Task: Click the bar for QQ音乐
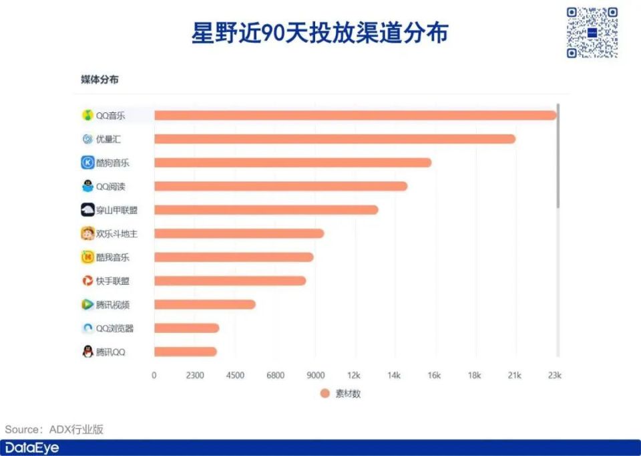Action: point(355,115)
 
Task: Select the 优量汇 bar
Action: point(335,139)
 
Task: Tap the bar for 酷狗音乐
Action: point(292,162)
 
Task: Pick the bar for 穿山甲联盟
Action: point(266,210)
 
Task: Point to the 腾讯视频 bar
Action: point(204,305)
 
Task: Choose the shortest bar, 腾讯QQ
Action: point(185,352)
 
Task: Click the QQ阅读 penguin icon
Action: point(87,187)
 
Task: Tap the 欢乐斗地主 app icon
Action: point(87,234)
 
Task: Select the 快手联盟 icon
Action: point(87,281)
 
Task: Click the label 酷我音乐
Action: point(113,257)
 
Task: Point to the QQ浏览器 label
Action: point(115,328)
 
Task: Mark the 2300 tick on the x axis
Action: point(194,376)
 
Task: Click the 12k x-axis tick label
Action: point(354,376)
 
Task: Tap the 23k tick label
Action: point(554,376)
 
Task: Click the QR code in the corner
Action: point(592,33)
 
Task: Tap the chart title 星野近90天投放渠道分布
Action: point(320,33)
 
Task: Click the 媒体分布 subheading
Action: point(100,80)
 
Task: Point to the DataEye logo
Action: point(32,448)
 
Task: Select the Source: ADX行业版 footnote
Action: point(55,429)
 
